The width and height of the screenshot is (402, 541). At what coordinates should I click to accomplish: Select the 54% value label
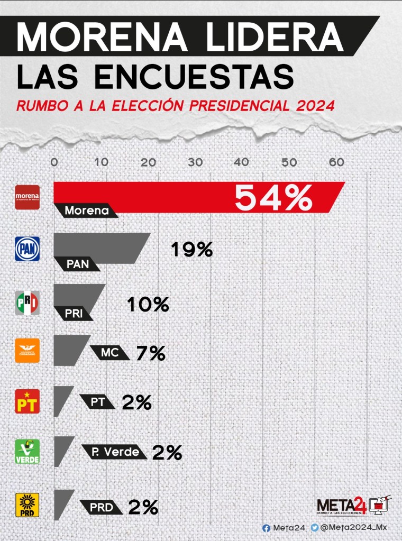coord(273,198)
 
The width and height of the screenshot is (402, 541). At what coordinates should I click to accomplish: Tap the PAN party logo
coord(27,249)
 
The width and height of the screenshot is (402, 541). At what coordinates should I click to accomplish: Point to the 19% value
coord(191,249)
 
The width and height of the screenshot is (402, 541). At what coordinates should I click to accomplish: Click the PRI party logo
coord(27,303)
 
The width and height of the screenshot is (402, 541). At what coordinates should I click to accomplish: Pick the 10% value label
coord(148,304)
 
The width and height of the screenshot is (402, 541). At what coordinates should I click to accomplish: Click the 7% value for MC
coord(151,353)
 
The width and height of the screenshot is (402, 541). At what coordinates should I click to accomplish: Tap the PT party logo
coord(27,401)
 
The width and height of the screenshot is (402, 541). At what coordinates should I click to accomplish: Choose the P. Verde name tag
coord(114,452)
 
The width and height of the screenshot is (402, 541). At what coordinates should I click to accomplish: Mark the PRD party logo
coord(27,505)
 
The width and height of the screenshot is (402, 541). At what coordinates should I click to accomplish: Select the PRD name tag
coord(102,507)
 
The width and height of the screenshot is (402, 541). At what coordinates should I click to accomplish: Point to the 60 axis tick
coord(336,162)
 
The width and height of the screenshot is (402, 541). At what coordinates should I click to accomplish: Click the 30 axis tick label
coord(195,162)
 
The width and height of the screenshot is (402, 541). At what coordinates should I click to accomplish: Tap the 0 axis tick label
coord(54,162)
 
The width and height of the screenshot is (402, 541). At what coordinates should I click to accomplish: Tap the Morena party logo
coord(27,197)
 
